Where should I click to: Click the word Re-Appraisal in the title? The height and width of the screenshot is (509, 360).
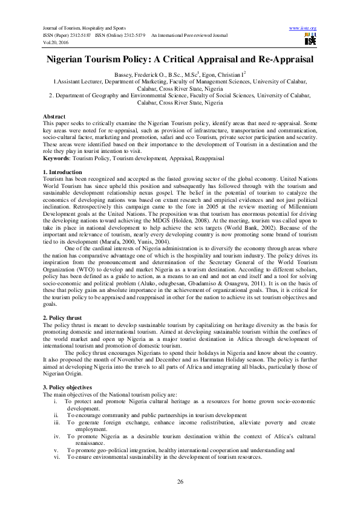pos(277,60)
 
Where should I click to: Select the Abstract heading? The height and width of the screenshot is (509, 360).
pos(55,115)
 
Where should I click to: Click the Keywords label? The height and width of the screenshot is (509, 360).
pos(57,158)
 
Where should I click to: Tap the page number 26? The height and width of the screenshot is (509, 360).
pos(180,481)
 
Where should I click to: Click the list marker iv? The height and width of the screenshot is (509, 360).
pos(57,436)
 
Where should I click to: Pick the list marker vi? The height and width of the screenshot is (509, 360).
pos(57,456)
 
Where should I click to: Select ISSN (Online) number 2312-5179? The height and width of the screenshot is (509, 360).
pos(134,36)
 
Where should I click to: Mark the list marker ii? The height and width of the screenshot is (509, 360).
pos(56,415)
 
